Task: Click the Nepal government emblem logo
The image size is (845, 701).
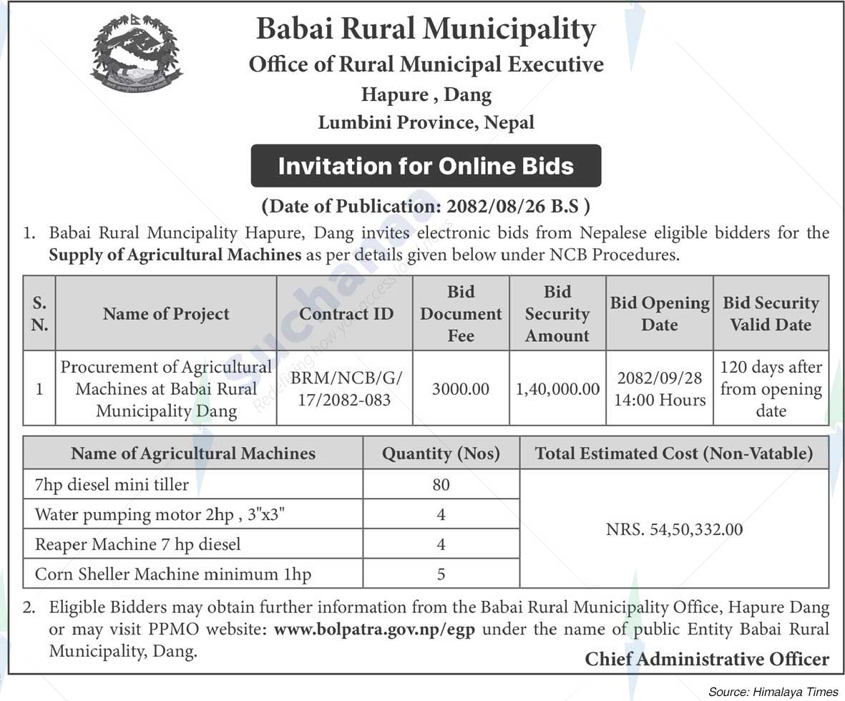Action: [136, 55]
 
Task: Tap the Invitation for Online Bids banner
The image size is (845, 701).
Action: [426, 166]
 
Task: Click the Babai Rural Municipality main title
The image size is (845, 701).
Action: [426, 29]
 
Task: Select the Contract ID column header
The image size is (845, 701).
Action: [346, 313]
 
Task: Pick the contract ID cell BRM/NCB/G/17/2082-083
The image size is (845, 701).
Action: [346, 388]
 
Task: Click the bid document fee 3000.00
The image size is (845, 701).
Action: [461, 389]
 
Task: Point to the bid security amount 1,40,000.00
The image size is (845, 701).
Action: [557, 389]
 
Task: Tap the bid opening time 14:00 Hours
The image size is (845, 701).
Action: [659, 399]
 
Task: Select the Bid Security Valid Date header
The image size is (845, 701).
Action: [771, 313]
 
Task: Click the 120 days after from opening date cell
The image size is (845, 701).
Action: [771, 388]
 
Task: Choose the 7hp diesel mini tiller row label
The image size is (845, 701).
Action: [112, 484]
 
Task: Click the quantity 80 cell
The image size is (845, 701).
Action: [441, 484]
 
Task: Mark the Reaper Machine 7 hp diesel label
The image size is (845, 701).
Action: [137, 544]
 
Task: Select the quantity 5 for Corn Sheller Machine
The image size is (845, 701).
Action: [441, 574]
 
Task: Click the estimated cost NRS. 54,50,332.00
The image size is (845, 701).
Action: [674, 529]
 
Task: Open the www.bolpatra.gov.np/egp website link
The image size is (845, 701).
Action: [374, 630]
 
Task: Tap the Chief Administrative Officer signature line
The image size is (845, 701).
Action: [707, 659]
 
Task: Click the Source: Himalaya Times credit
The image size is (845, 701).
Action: [773, 692]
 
